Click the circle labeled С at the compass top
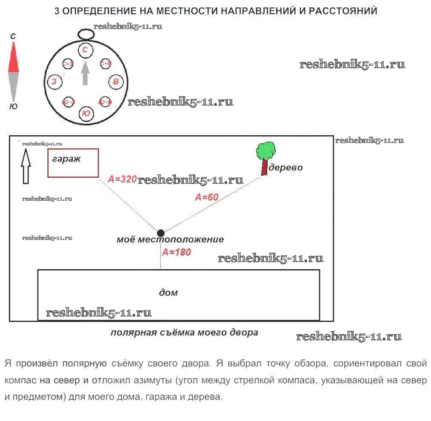tap(85, 50)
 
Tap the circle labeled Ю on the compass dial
tap(86, 114)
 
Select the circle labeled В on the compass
tap(116, 82)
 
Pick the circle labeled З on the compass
tap(54, 82)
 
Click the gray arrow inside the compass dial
tap(85, 73)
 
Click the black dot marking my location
tap(160, 233)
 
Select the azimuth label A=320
tap(122, 179)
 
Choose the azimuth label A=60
tap(206, 197)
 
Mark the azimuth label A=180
tap(177, 252)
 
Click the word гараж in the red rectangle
tap(66, 159)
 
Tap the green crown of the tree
tap(265, 150)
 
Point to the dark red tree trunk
tap(265, 167)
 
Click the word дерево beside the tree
tap(285, 168)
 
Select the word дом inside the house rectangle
tap(168, 293)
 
